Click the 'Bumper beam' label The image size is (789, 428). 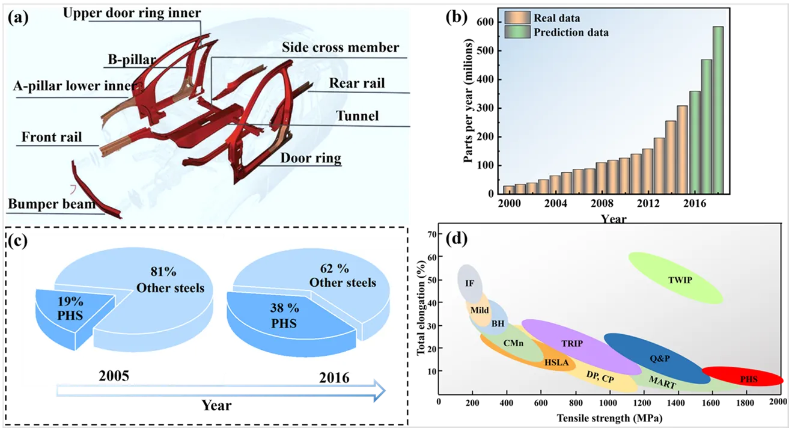coord(52,204)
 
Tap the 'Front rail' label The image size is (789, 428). coord(52,137)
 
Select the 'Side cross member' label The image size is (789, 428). coord(340,47)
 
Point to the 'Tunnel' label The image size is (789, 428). coord(357,115)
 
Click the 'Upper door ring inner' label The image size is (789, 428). coord(132,13)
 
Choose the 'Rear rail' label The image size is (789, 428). coord(357,83)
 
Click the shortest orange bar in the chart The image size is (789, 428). coord(508,190)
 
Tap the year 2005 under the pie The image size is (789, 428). coord(114,376)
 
